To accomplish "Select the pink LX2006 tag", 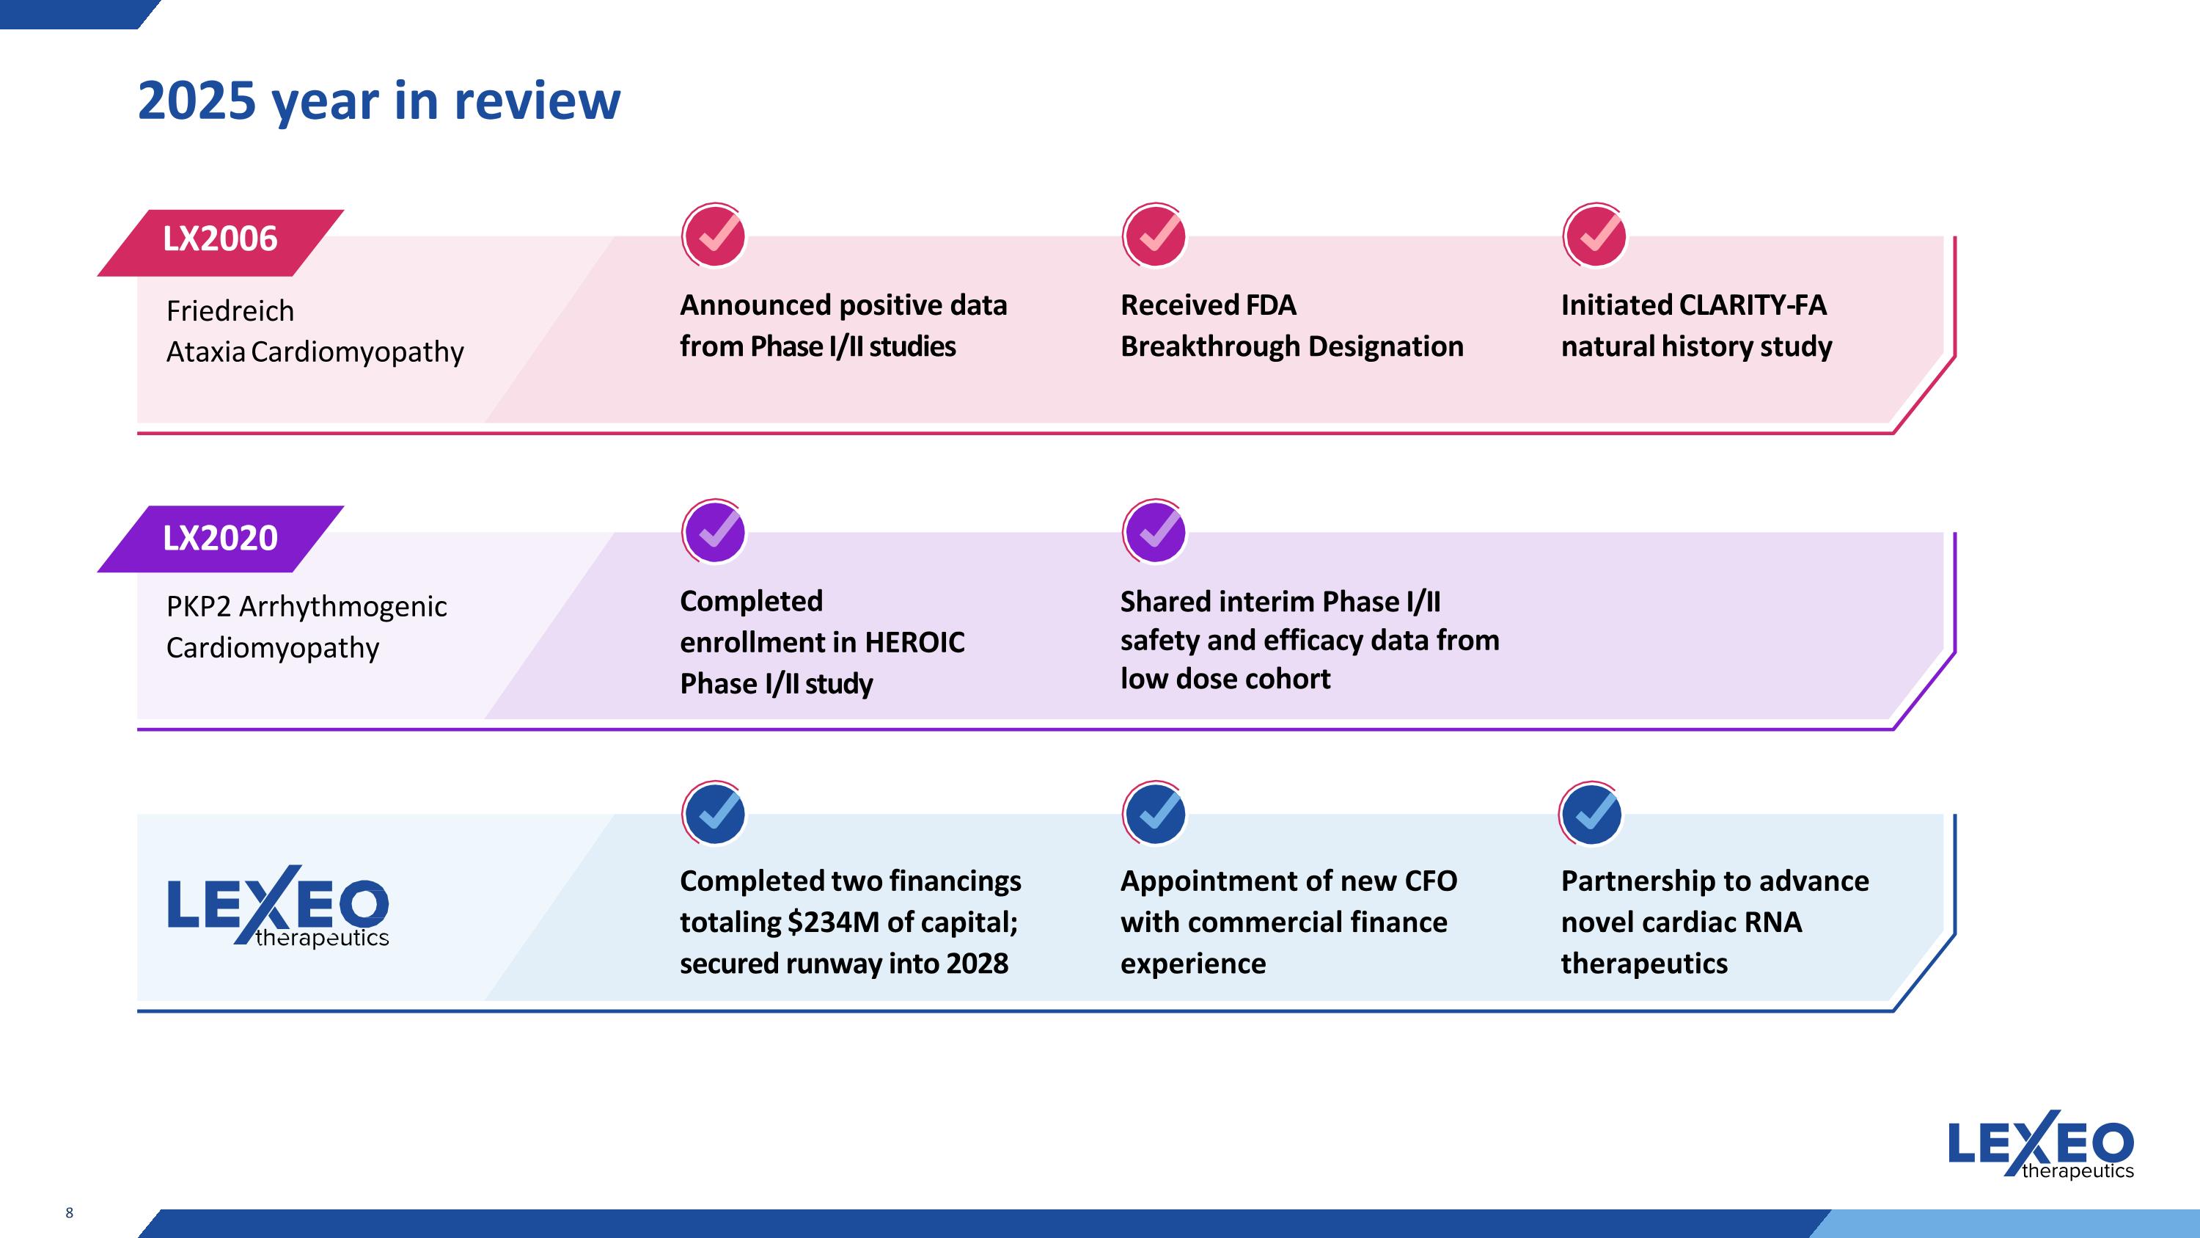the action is tap(220, 243).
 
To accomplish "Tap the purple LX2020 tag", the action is tap(220, 538).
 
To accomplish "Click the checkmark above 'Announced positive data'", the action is tap(714, 235).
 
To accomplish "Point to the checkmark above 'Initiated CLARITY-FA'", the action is tap(1594, 235).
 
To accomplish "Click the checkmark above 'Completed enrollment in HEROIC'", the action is tap(714, 531).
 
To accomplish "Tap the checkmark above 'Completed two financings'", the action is tap(714, 813).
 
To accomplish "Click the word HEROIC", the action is tap(914, 643).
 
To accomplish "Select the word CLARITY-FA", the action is tap(1753, 305).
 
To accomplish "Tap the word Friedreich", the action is tap(230, 311).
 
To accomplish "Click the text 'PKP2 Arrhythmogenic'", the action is tap(307, 608).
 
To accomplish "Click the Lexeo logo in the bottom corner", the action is tap(2041, 1144).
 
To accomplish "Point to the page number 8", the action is tap(69, 1212).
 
